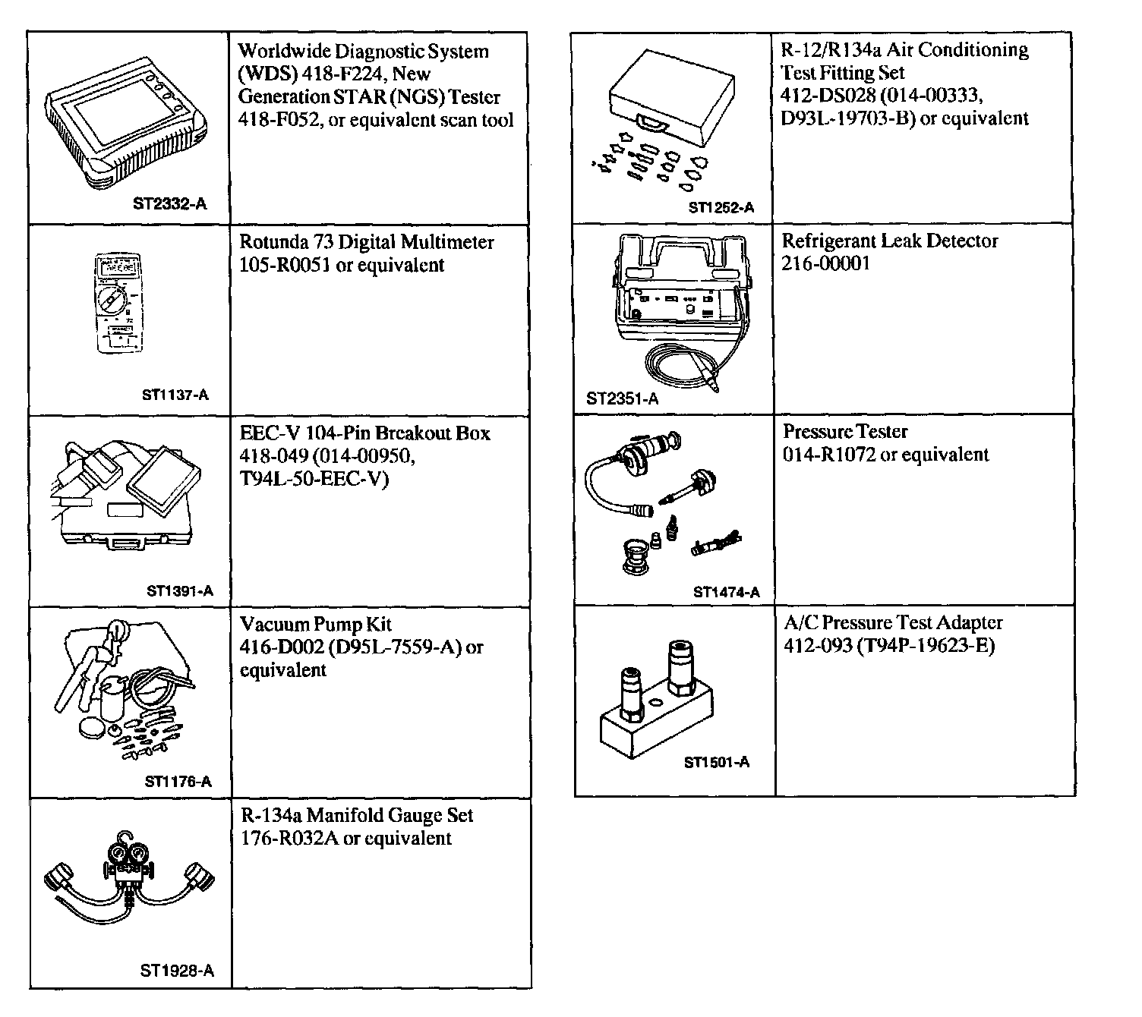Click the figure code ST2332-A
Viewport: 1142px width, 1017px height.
tap(169, 203)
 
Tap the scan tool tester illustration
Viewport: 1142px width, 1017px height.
tap(126, 127)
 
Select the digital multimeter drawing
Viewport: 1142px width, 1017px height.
tap(118, 304)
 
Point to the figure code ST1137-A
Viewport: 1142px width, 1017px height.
tap(175, 395)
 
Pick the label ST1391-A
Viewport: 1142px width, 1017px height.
tap(180, 591)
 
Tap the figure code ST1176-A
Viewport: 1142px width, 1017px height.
tap(178, 782)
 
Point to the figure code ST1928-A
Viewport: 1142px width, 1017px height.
tap(177, 971)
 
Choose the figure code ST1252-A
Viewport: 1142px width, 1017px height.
tap(721, 208)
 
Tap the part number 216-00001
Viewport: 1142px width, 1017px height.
tap(825, 264)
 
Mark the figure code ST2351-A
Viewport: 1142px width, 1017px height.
tap(623, 399)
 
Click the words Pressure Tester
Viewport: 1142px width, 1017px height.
tap(845, 432)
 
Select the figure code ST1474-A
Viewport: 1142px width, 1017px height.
tap(726, 593)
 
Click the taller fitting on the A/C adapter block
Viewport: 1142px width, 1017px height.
tap(679, 667)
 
